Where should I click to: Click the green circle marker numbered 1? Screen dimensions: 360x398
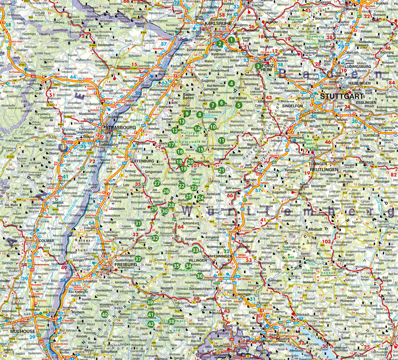[x=231, y=40]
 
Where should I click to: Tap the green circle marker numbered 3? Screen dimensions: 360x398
[x=258, y=66]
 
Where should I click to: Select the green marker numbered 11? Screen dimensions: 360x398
[x=221, y=141]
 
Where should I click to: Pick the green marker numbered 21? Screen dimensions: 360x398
[x=222, y=170]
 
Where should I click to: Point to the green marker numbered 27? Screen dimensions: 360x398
[x=157, y=183]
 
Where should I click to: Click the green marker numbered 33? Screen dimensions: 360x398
[x=195, y=250]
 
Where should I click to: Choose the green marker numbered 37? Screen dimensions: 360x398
[x=138, y=258]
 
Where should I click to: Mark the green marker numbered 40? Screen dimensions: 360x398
[x=104, y=315]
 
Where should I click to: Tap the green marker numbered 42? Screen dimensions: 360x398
[x=151, y=324]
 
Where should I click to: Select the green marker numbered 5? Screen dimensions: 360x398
[x=239, y=104]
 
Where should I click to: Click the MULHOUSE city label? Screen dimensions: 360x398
[x=22, y=331]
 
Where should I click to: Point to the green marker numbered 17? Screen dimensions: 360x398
[x=171, y=145]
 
